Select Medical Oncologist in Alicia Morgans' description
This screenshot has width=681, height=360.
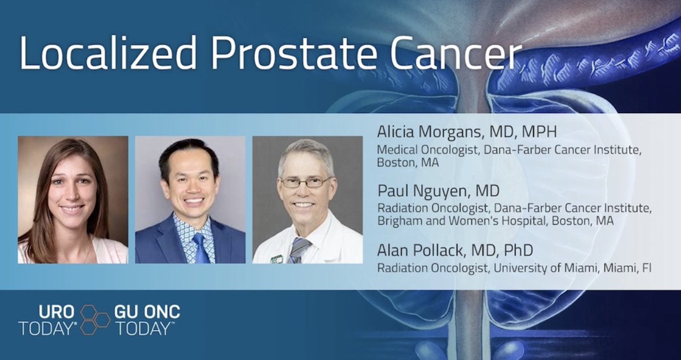pyautogui.click(x=420, y=150)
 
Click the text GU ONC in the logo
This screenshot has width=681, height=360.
pyautogui.click(x=147, y=312)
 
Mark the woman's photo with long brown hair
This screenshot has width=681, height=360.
pyautogui.click(x=73, y=199)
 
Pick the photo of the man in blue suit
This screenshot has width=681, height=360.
pyautogui.click(x=190, y=199)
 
